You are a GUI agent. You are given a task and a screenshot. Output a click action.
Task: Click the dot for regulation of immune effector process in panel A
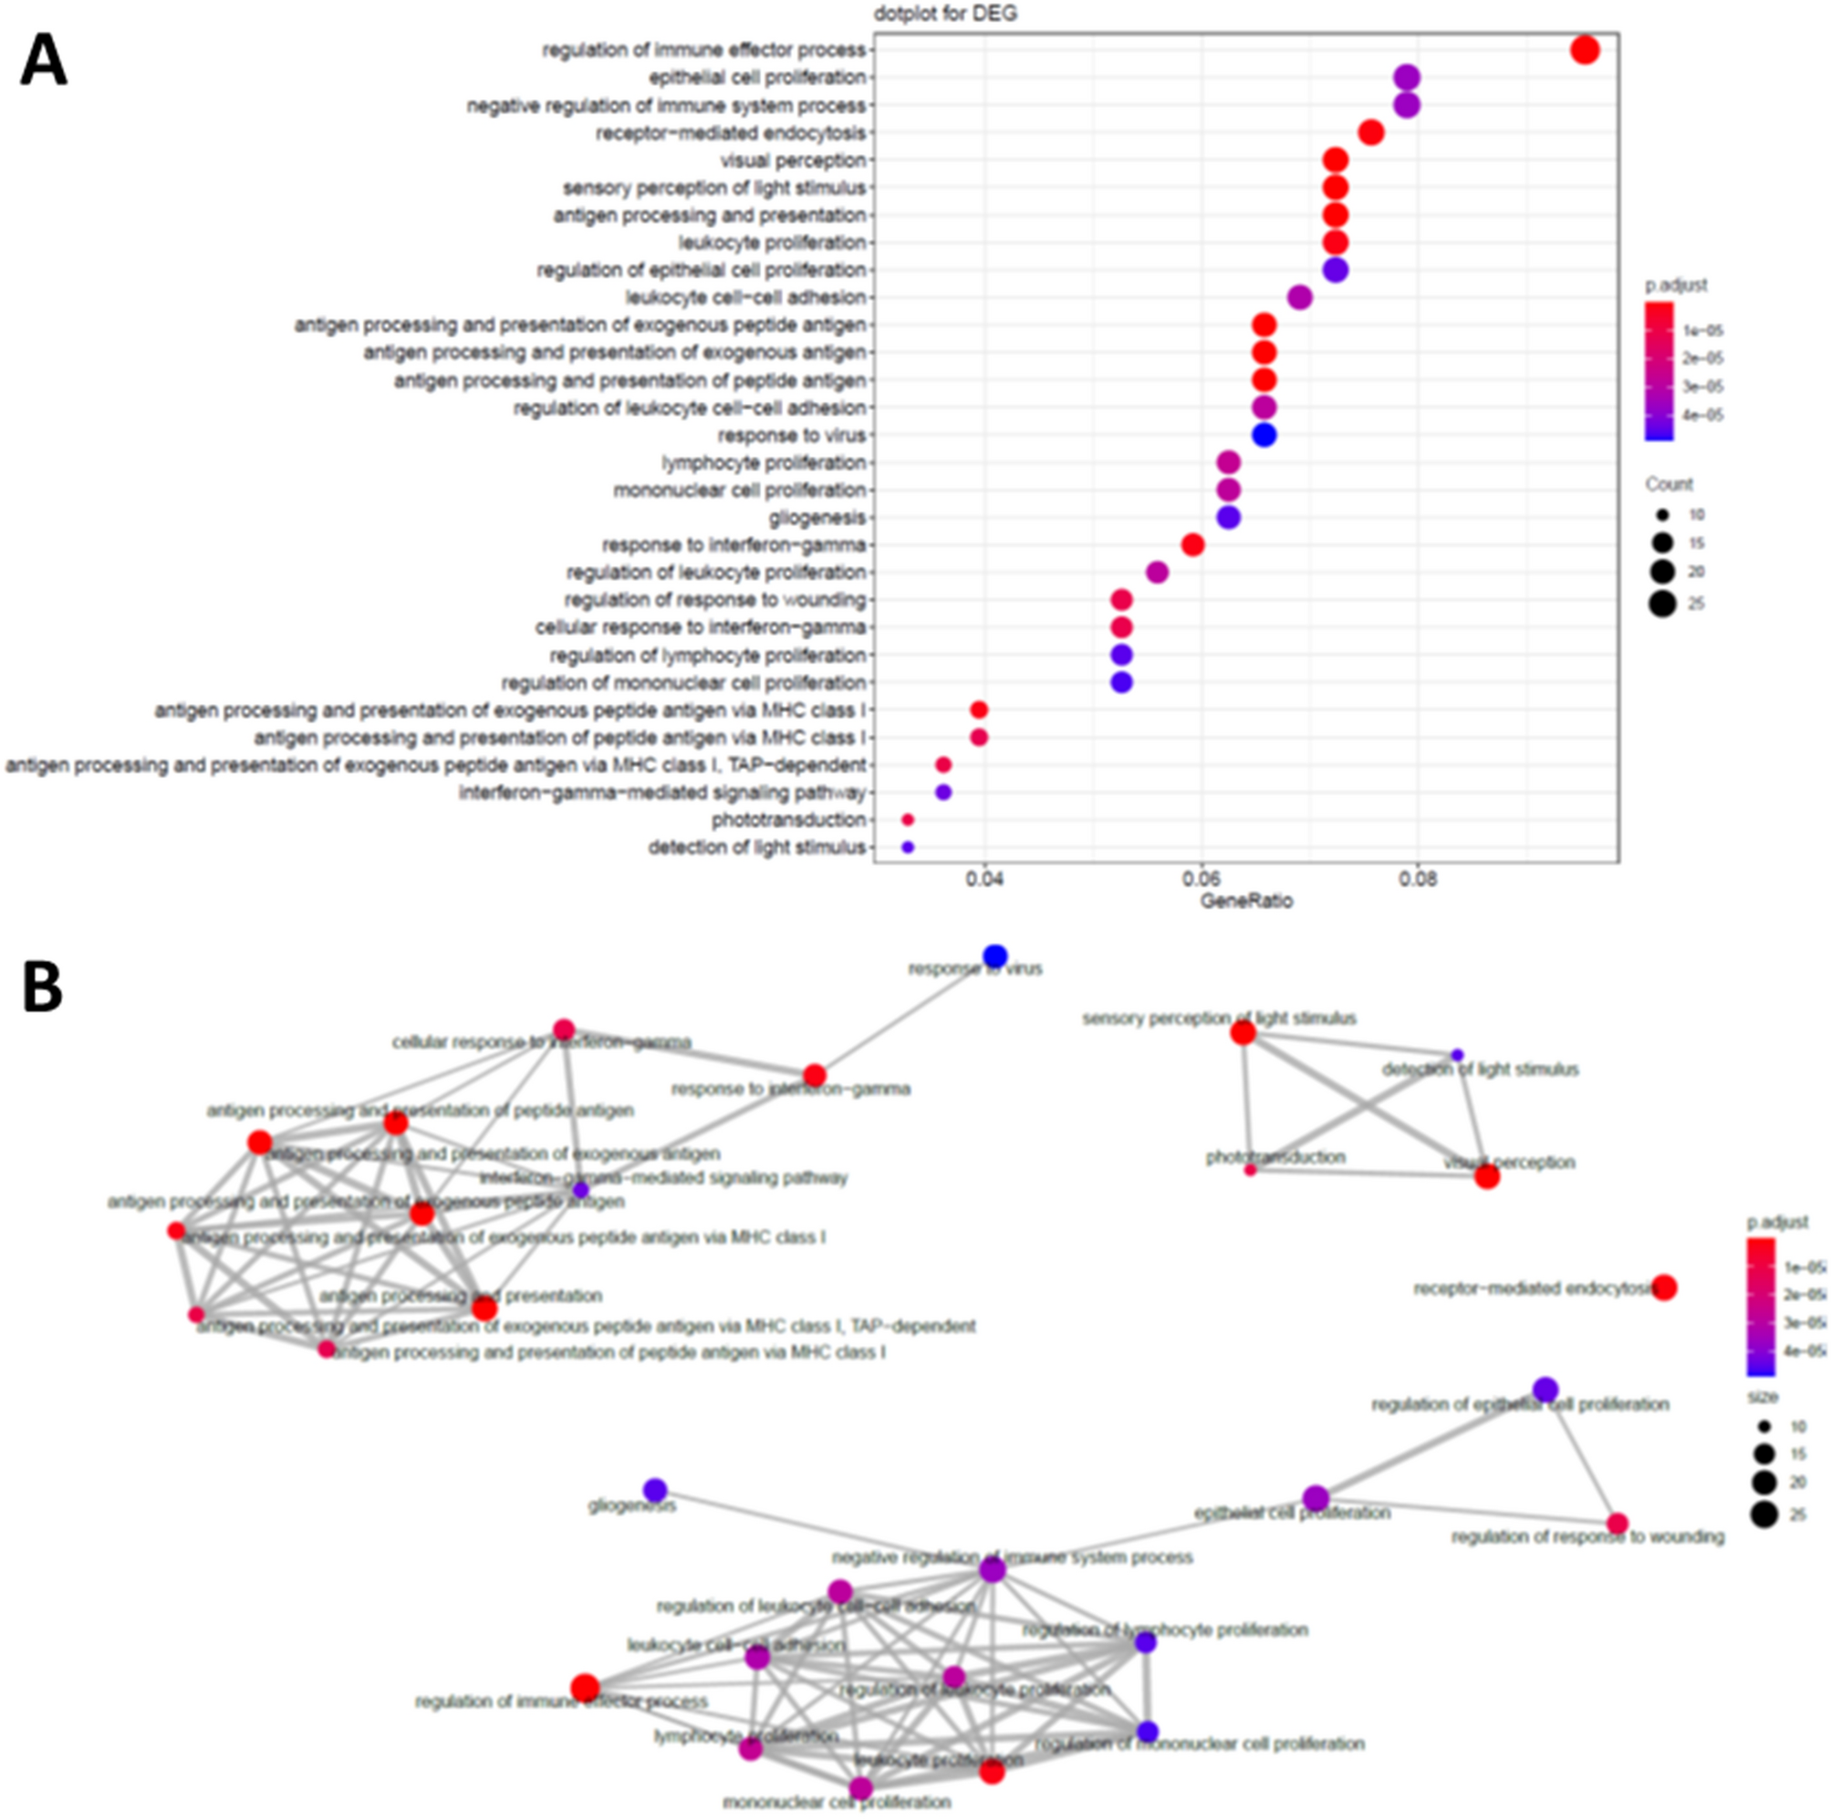(1585, 49)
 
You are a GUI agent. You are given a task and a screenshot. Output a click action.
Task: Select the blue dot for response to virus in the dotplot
(1264, 435)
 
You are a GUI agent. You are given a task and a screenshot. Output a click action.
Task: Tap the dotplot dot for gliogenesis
(1228, 517)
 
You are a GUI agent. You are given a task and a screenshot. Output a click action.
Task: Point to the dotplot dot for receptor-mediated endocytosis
(1370, 132)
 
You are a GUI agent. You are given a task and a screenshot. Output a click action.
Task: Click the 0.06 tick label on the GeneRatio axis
(1201, 879)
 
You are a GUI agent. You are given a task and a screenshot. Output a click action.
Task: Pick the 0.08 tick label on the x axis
(1418, 879)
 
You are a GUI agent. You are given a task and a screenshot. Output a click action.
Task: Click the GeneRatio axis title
(1246, 901)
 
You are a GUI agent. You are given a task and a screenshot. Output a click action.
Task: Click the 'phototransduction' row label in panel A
(788, 820)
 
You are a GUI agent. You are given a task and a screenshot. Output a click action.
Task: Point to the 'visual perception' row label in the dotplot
(792, 160)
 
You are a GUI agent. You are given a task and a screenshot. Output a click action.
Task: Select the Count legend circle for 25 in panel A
(1661, 604)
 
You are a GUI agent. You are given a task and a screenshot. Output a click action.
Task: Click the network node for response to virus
(994, 956)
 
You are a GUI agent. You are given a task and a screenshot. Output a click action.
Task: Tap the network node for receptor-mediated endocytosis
(1664, 1287)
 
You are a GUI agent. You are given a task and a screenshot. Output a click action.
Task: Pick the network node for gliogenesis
(655, 1489)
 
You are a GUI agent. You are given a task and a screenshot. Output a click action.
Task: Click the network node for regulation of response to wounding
(1618, 1524)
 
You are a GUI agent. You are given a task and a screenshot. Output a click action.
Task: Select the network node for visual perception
(1487, 1176)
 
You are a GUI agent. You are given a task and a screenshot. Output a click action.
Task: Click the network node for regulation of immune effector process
(585, 1688)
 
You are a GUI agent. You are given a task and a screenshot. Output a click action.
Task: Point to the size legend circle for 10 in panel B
(1763, 1426)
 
